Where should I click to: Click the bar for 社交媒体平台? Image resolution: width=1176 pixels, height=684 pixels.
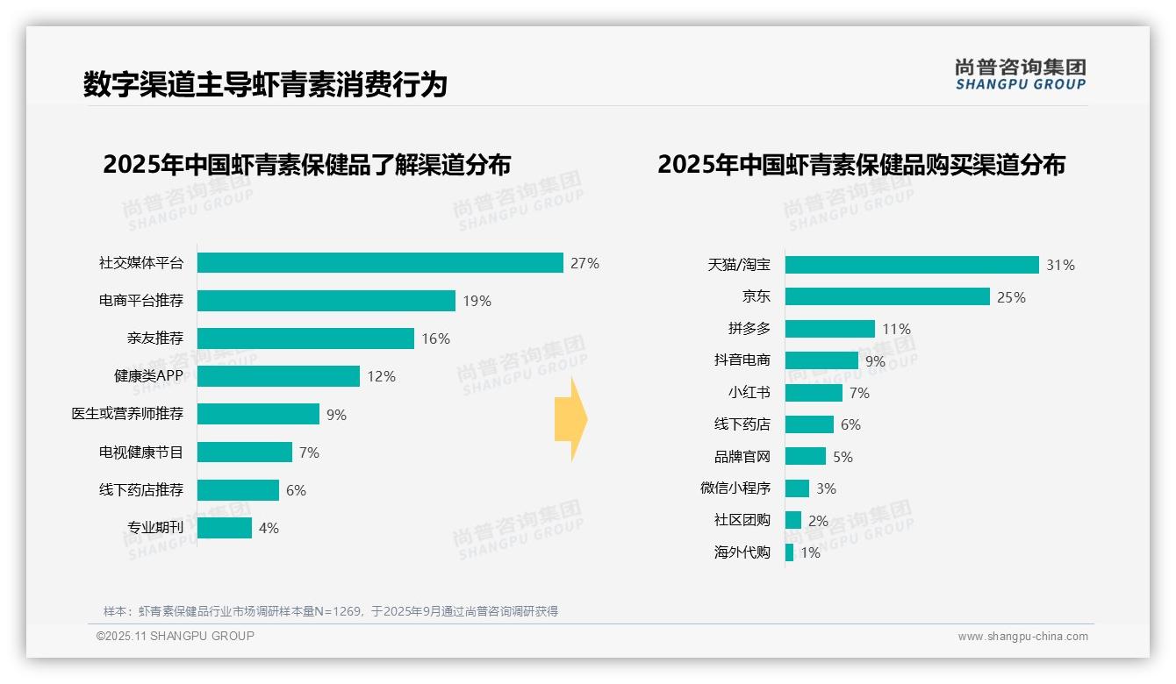click(x=379, y=263)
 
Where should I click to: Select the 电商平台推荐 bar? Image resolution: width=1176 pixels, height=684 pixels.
click(x=326, y=301)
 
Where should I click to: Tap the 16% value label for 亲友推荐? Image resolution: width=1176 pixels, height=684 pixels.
click(x=435, y=338)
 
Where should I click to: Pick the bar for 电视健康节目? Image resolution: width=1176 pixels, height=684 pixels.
click(x=244, y=452)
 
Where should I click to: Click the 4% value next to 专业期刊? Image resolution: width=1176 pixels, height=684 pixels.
click(x=269, y=528)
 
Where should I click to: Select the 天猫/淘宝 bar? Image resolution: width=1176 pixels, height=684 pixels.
click(x=911, y=265)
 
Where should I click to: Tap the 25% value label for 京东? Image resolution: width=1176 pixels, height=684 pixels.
click(x=1011, y=297)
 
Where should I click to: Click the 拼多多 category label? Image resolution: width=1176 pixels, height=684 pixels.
click(x=749, y=329)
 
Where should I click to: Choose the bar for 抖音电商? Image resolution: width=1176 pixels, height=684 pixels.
click(x=821, y=360)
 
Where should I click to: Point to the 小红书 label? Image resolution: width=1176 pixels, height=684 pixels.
click(x=749, y=393)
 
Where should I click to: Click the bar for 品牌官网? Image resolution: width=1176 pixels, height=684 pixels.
click(x=805, y=456)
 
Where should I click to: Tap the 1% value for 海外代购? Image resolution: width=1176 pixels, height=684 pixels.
click(x=810, y=552)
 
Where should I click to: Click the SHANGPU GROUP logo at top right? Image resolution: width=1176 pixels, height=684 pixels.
click(x=1020, y=75)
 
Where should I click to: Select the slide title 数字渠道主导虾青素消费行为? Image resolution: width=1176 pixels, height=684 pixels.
click(x=265, y=84)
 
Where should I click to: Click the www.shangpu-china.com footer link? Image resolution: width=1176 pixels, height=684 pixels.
click(x=1022, y=637)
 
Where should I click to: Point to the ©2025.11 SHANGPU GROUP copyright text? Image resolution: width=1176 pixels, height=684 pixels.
click(x=176, y=636)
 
